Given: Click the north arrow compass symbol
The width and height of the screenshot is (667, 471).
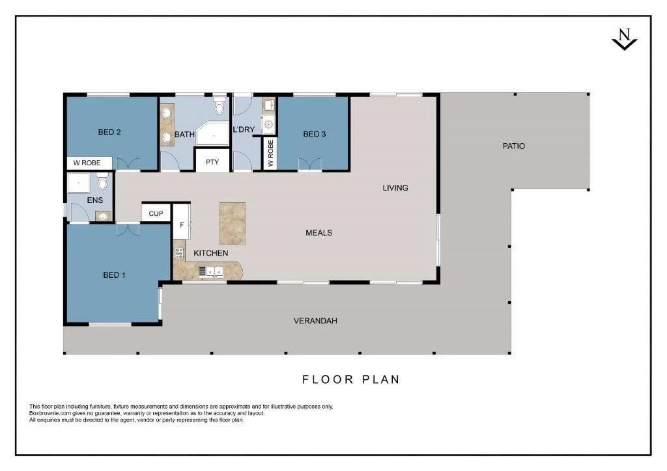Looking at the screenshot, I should (x=624, y=40).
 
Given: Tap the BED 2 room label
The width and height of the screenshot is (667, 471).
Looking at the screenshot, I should (x=109, y=132).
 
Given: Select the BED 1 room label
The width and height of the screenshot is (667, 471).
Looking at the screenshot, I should (x=115, y=275).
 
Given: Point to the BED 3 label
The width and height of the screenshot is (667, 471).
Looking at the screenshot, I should (x=314, y=134).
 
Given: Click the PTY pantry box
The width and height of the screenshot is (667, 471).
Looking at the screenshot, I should (x=212, y=162).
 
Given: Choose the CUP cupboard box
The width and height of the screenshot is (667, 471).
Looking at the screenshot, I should (x=156, y=213).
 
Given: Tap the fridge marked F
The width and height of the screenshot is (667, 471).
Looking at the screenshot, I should (x=182, y=225).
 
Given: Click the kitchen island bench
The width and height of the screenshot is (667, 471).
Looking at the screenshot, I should (x=233, y=223).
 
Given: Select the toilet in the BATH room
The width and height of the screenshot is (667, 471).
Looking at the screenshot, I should (x=220, y=106).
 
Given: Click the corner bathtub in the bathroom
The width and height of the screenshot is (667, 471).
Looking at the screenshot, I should (x=214, y=134).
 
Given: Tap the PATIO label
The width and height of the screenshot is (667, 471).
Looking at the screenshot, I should (x=513, y=146).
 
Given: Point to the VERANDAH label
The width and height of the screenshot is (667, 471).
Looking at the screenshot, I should (x=315, y=321).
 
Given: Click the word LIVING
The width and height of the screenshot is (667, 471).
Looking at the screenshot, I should (x=395, y=188).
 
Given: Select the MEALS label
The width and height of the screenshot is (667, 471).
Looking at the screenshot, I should (x=319, y=233).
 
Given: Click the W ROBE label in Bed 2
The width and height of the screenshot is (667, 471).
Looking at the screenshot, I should (x=87, y=163).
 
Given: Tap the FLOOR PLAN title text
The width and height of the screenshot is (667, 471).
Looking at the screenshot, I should (x=350, y=379).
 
